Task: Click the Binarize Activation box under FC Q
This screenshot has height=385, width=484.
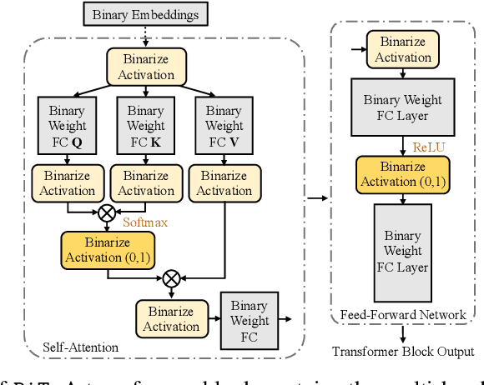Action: coord(66,182)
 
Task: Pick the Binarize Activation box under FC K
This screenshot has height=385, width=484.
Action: coord(145,182)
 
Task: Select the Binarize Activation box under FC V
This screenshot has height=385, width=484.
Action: coord(223,182)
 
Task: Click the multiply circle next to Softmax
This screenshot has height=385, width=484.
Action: coord(107,212)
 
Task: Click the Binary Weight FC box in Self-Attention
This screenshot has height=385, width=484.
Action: coord(249,321)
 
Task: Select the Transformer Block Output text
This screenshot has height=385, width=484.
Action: coord(402,351)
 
